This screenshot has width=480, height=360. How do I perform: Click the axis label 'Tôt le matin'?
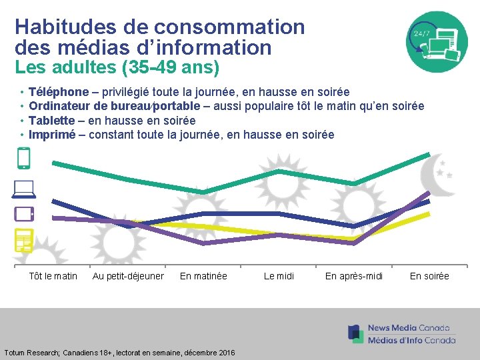click(x=53, y=276)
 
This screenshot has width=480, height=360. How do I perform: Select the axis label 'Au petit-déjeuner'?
click(x=128, y=276)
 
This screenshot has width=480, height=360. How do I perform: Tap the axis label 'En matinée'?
click(x=203, y=276)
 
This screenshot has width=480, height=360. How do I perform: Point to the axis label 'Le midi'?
click(x=279, y=276)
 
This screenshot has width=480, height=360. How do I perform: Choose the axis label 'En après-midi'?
click(x=354, y=276)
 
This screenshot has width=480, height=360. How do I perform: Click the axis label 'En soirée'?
click(x=429, y=276)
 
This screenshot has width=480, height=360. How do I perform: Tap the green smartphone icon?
click(x=23, y=159)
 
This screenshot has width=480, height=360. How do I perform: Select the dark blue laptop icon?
click(x=23, y=189)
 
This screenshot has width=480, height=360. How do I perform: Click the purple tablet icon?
click(x=24, y=214)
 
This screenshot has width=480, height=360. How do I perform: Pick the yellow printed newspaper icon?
click(x=24, y=240)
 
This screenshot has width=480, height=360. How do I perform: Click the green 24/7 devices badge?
click(x=437, y=42)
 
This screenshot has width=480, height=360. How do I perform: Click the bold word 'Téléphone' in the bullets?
click(x=59, y=91)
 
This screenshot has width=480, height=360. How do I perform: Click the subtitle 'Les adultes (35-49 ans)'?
click(x=117, y=67)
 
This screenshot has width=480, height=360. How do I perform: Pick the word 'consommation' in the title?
click(x=229, y=27)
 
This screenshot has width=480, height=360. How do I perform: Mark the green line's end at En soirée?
click(x=429, y=155)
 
